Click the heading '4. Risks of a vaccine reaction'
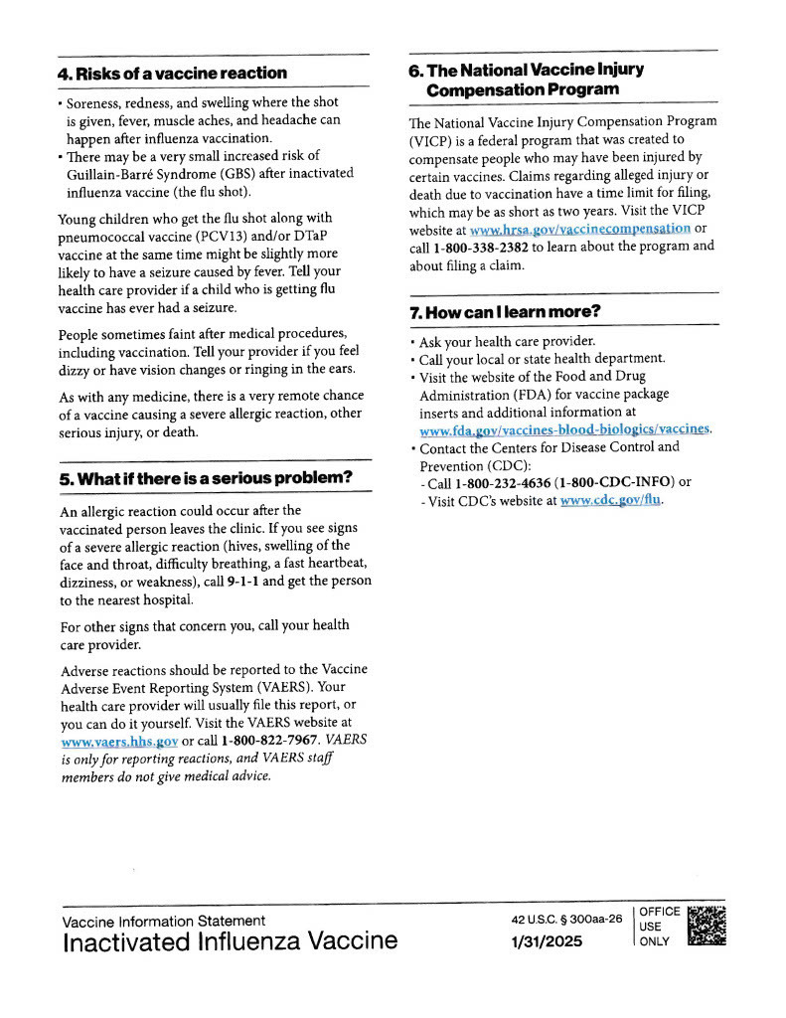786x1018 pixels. (172, 74)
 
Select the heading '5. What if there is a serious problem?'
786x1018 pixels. (206, 478)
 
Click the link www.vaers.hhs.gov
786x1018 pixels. (119, 742)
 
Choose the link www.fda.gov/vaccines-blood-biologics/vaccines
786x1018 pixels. (565, 429)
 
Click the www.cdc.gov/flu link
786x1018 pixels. (611, 501)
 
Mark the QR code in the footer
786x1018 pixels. (707, 926)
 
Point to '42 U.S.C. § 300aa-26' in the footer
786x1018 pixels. (564, 920)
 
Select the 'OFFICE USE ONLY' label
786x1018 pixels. (660, 927)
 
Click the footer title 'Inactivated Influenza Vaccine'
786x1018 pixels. (230, 941)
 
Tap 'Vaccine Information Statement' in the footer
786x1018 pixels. (164, 921)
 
